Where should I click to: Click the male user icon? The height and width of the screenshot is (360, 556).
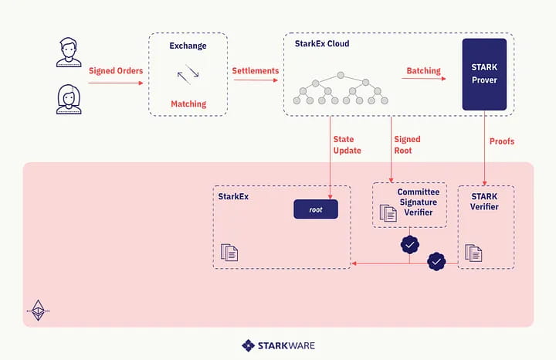pos(69,52)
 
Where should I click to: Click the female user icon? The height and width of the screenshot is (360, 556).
pos(69,100)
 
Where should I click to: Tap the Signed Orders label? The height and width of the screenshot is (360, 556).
pos(116,70)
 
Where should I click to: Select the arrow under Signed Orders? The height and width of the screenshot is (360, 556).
pos(116,83)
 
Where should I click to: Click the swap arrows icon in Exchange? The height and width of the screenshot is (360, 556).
pos(188,74)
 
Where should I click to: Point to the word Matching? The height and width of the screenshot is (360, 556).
pos(188,104)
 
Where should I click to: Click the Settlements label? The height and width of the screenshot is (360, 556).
pos(256,70)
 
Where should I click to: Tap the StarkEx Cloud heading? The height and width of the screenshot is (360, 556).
pos(322,43)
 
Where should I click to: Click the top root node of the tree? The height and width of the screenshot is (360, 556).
pos(341,75)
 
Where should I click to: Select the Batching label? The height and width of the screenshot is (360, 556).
pos(423,70)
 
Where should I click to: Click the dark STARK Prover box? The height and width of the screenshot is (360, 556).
pos(484,74)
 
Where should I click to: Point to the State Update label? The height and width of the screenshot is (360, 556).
pos(347,144)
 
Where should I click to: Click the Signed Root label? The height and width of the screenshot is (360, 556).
pos(408,144)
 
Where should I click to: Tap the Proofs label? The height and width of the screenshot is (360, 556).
pos(502,141)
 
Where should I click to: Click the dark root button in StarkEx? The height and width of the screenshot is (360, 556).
pos(316,209)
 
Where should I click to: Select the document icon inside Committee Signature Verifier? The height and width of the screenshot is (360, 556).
pos(388,212)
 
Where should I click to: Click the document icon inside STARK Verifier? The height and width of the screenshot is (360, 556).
pos(473,253)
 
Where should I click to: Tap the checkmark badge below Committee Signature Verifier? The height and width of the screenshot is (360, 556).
pos(410,245)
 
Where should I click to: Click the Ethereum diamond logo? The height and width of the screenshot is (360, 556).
pos(39,311)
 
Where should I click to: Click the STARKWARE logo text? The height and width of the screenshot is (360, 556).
pos(286,345)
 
